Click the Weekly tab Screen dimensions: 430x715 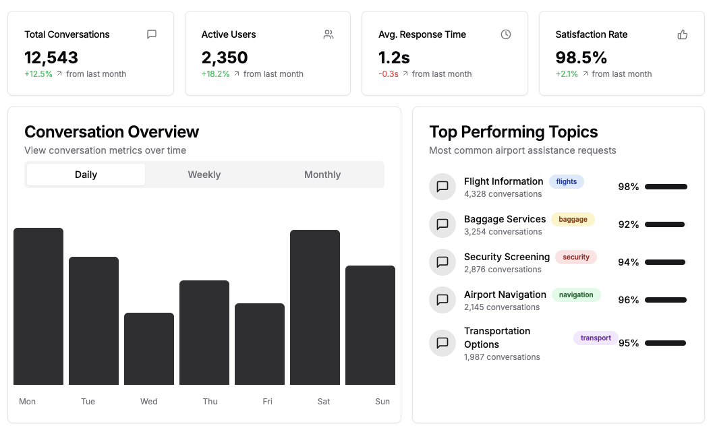click(x=204, y=175)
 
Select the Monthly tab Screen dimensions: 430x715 click(x=322, y=175)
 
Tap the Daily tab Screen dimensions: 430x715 click(x=86, y=175)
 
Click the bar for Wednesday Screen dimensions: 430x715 click(x=149, y=348)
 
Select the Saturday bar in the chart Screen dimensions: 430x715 click(x=315, y=307)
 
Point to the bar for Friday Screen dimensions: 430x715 click(x=260, y=344)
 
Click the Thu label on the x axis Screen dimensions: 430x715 click(x=210, y=402)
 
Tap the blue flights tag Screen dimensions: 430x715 click(x=567, y=181)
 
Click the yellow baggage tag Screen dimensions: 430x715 click(x=573, y=219)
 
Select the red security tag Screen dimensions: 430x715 click(x=576, y=257)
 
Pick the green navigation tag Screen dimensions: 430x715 click(x=576, y=295)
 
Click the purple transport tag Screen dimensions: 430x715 click(x=596, y=338)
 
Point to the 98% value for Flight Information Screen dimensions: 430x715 click(x=628, y=187)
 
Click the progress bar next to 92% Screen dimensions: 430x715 click(x=665, y=224)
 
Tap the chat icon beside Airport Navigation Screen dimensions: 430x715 click(x=442, y=300)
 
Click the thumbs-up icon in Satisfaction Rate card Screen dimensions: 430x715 click(x=683, y=34)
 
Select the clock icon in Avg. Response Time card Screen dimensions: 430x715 click(x=506, y=34)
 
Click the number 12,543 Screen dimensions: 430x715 click(x=51, y=57)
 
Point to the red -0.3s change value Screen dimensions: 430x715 click(x=389, y=74)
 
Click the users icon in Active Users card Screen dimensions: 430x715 click(x=328, y=34)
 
